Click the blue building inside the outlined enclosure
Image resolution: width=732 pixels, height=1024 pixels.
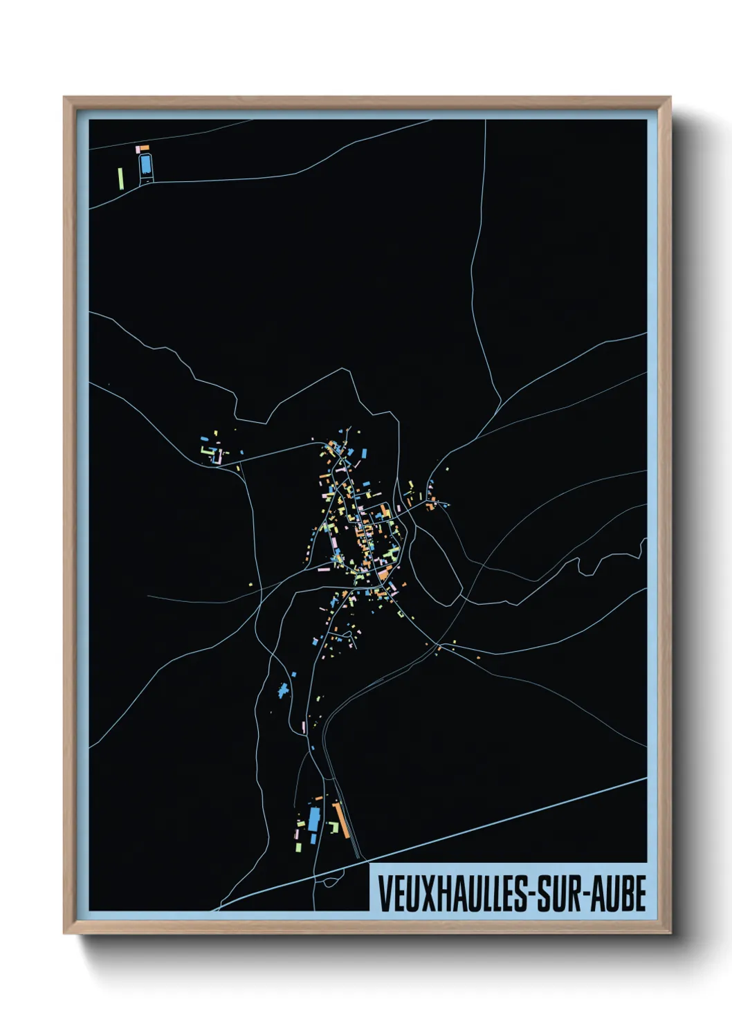(x=145, y=165)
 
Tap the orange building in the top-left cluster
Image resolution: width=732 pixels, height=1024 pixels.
(x=145, y=147)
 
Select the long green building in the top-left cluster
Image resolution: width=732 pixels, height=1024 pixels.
(x=120, y=177)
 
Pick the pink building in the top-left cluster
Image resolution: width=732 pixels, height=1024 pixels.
(x=138, y=148)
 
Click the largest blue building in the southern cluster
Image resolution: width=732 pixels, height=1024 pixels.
(x=315, y=819)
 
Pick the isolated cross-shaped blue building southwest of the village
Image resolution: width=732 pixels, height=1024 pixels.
(x=282, y=690)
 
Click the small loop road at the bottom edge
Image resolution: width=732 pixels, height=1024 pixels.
(x=329, y=881)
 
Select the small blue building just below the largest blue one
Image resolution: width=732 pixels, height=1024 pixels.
(x=313, y=839)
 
